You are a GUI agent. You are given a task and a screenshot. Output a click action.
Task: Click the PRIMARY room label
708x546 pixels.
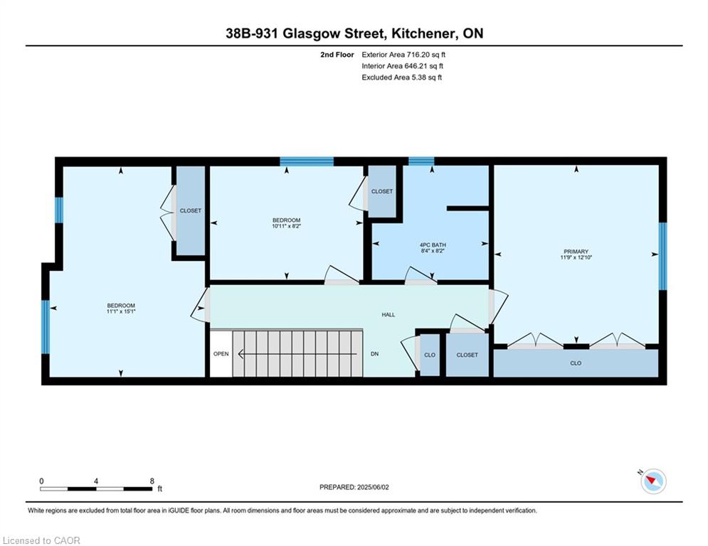[576, 252]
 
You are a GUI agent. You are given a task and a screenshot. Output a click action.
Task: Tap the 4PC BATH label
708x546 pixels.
[433, 245]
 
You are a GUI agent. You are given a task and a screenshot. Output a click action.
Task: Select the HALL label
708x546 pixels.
[389, 314]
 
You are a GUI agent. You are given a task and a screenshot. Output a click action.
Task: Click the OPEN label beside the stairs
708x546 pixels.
[221, 354]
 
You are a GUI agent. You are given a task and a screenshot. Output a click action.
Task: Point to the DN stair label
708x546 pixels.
[374, 354]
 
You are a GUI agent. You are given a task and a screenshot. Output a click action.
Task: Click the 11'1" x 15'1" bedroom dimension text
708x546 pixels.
[121, 311]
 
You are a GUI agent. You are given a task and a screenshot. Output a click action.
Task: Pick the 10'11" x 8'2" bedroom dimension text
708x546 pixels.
[286, 226]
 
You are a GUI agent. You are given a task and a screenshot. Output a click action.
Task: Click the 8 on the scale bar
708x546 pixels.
[152, 481]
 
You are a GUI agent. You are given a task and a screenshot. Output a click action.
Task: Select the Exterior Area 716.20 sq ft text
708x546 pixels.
[403, 55]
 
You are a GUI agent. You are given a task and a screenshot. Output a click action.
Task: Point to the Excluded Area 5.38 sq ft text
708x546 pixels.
[402, 77]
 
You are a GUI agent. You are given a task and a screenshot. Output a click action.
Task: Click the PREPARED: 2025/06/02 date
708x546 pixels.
[354, 487]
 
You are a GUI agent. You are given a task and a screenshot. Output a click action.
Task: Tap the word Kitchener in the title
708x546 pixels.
[422, 33]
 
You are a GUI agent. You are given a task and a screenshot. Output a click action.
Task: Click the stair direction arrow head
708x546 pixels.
[241, 354]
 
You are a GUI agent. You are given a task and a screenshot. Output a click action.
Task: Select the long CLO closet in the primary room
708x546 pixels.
[576, 363]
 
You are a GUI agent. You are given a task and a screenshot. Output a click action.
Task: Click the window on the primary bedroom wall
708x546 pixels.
[662, 256]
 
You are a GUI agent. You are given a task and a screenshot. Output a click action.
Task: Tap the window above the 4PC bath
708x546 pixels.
[421, 161]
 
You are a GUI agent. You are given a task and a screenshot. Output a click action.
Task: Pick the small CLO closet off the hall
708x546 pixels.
[430, 355]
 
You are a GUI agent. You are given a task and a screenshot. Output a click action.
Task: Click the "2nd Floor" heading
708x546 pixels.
[337, 55]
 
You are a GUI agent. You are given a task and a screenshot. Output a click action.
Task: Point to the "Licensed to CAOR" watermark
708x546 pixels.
[41, 540]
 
